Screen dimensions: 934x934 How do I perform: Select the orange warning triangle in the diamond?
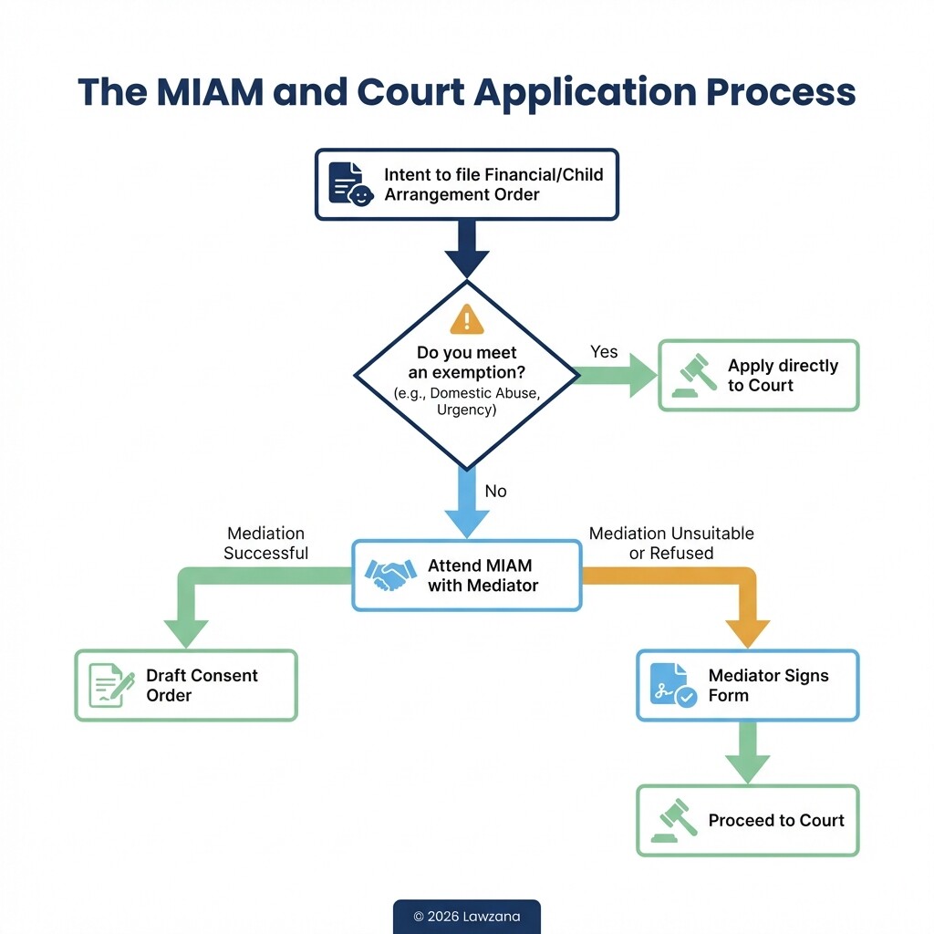467,318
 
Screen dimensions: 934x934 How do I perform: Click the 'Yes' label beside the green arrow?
604,352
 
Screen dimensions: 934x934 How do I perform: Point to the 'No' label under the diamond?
495,492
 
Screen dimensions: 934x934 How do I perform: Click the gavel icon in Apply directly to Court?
695,375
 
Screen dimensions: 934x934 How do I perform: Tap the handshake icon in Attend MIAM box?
390,576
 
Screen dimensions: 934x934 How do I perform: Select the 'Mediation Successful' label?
266,543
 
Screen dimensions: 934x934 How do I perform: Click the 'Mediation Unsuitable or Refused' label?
671,543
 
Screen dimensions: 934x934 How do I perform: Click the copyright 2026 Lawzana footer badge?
467,916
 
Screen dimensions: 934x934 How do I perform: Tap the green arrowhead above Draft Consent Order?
186,633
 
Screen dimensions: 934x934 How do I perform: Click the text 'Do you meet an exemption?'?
467,362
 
